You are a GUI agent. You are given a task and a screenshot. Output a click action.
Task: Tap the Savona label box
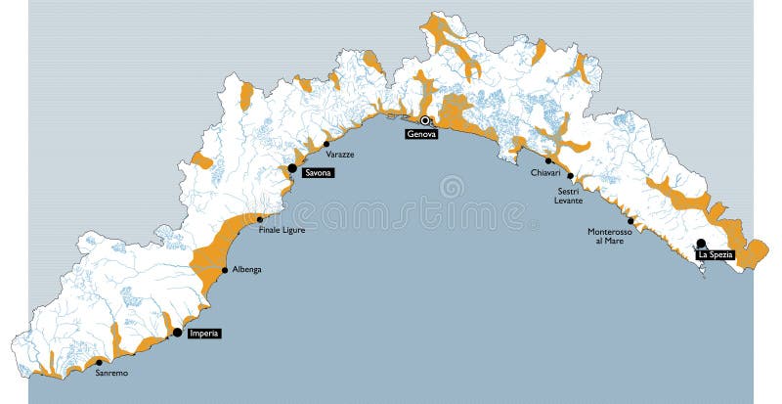tap(318, 173)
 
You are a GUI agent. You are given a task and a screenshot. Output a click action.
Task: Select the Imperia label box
tap(203, 334)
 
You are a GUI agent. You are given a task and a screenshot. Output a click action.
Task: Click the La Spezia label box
tap(715, 254)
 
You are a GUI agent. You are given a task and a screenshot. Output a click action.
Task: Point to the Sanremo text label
tap(110, 373)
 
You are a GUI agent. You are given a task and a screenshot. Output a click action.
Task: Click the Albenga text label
tap(246, 269)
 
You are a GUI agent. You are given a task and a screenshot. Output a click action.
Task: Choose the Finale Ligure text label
tap(282, 230)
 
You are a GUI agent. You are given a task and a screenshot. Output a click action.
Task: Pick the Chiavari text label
tap(545, 172)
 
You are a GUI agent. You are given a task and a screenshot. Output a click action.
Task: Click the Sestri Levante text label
tap(570, 196)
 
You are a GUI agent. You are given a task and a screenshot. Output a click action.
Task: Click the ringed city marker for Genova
tap(425, 121)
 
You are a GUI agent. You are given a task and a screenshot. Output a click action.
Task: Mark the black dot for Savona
tap(292, 168)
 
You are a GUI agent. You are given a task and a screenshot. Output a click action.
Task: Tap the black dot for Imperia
tap(177, 333)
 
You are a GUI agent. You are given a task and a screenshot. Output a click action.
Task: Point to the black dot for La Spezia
tap(701, 244)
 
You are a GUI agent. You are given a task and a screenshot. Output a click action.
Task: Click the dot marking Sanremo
tap(99, 362)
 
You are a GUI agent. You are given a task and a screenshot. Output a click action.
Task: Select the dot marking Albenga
tap(225, 269)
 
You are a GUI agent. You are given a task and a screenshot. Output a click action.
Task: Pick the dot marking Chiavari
tap(548, 160)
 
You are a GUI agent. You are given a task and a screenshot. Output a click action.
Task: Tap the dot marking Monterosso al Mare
tap(630, 220)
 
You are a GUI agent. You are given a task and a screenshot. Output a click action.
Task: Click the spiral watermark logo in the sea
tap(452, 186)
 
